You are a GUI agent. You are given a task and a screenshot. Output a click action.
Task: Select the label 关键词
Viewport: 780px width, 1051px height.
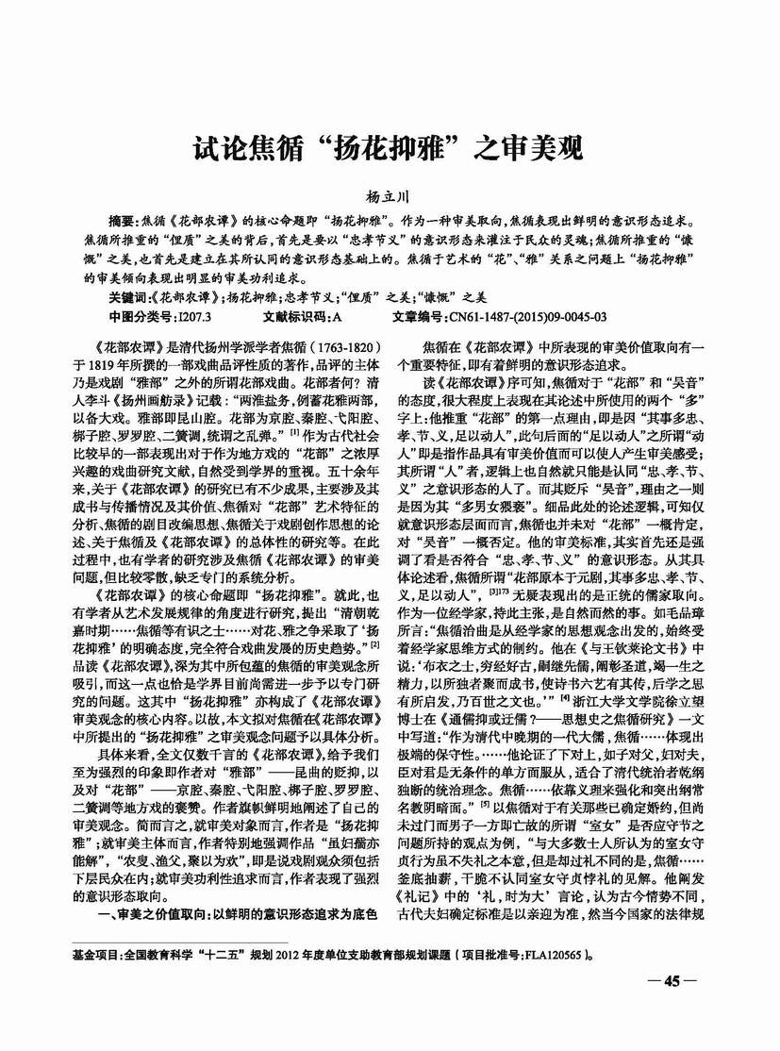pos(128,296)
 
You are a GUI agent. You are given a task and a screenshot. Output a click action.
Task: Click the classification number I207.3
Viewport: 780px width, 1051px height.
pos(199,316)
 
